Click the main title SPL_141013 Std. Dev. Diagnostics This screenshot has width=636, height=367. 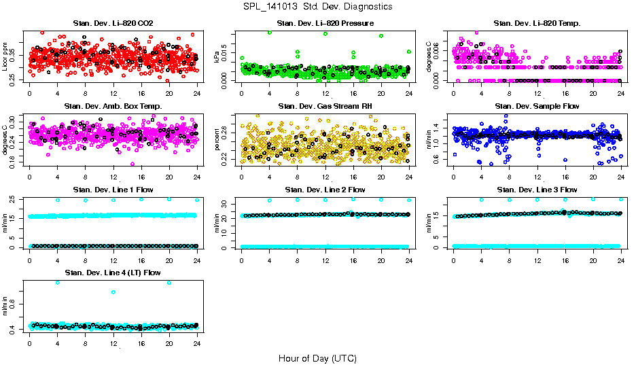(317, 7)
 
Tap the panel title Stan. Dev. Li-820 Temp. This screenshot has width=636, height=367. (537, 24)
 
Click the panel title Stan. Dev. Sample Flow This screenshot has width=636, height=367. (537, 107)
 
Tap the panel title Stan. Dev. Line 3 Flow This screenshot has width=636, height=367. (537, 190)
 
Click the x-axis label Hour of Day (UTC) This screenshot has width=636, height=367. (317, 358)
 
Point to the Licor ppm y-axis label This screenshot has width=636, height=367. (6, 56)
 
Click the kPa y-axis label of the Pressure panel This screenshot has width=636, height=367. (218, 56)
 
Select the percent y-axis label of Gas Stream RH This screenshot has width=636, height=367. (218, 139)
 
